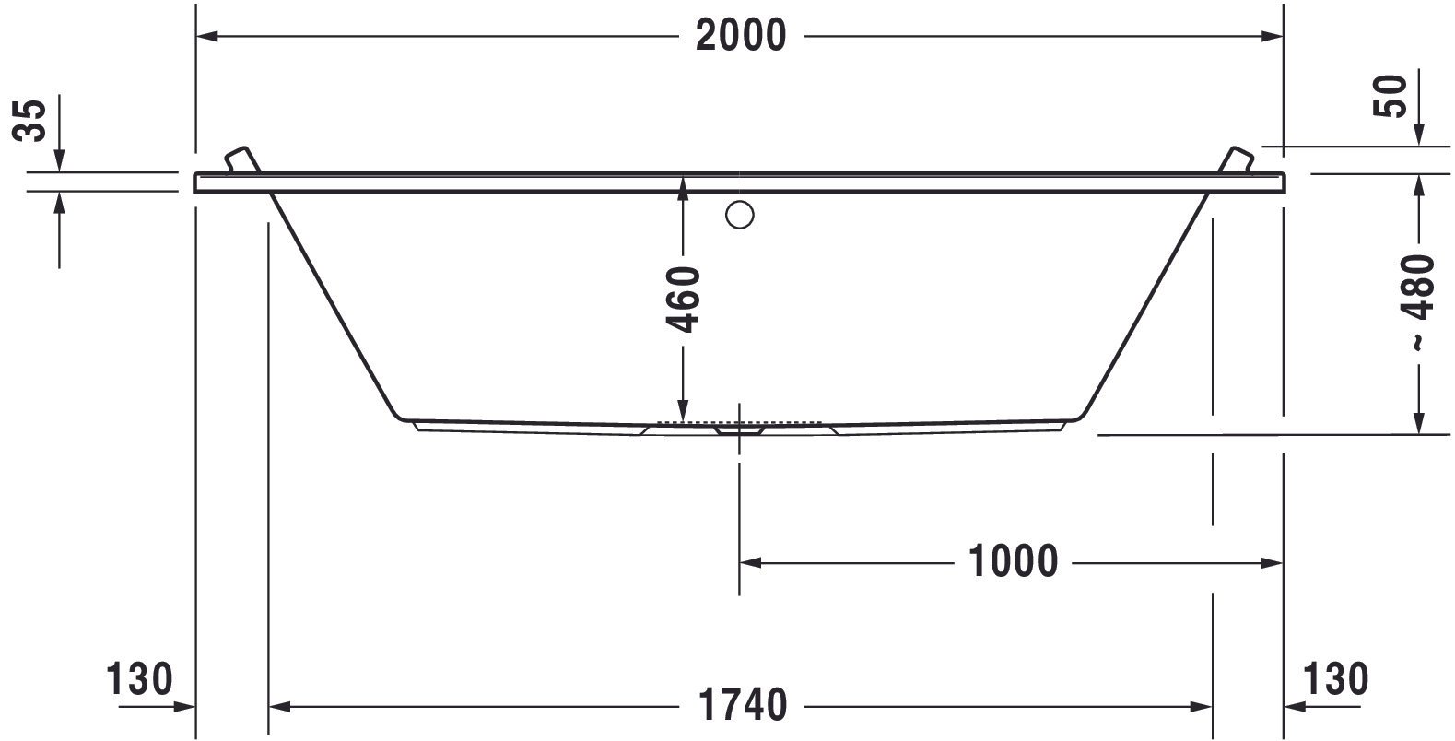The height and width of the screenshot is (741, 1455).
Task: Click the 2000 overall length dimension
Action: (x=741, y=35)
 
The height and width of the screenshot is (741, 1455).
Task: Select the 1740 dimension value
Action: (x=743, y=705)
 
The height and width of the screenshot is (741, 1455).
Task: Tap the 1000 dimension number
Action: (x=1014, y=561)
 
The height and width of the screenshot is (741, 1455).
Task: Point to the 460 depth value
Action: (x=684, y=300)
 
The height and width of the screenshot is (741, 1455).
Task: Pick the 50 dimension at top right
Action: (x=1390, y=96)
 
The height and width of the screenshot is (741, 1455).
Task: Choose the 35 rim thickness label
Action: (x=29, y=120)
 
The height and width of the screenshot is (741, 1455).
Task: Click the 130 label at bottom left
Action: (x=139, y=678)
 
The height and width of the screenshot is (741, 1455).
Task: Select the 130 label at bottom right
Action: (x=1336, y=678)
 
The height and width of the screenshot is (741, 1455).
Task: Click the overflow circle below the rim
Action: (x=739, y=215)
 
